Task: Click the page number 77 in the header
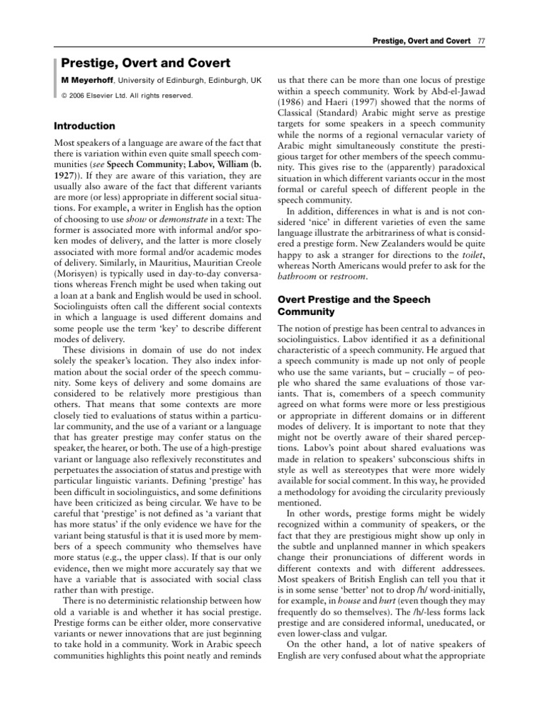481,40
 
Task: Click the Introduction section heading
84,126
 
